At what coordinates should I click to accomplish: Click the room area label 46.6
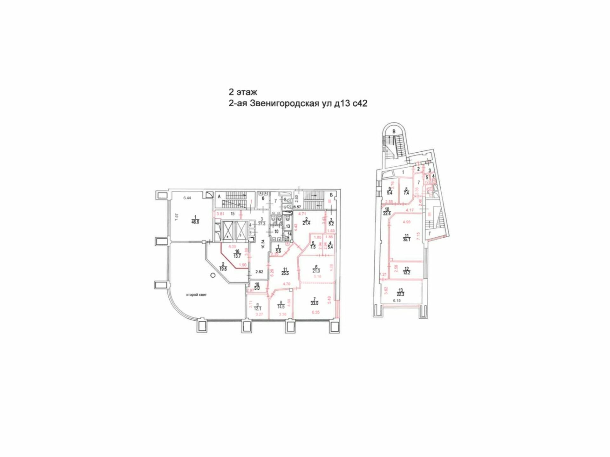pos(195,222)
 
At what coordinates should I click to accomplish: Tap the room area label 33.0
pos(315,303)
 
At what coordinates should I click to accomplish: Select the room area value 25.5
pos(285,273)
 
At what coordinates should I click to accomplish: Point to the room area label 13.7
pos(237,256)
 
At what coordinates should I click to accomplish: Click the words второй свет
pos(196,295)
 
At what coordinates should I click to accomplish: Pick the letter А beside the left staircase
pos(219,197)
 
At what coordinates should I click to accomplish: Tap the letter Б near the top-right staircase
pos(331,195)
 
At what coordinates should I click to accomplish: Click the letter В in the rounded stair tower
pos(394,131)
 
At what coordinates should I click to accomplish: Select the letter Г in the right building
pos(430,234)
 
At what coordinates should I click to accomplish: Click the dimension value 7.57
pos(177,217)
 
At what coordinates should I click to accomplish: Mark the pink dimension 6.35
pos(316,312)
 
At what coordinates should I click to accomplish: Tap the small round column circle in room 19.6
pos(213,275)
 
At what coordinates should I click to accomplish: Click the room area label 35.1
pos(407,240)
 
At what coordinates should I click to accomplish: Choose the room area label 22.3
pos(401,294)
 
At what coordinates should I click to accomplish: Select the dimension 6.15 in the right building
pos(397,301)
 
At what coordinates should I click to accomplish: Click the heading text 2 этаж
pos(243,92)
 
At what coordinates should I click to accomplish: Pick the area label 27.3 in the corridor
pos(261,223)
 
